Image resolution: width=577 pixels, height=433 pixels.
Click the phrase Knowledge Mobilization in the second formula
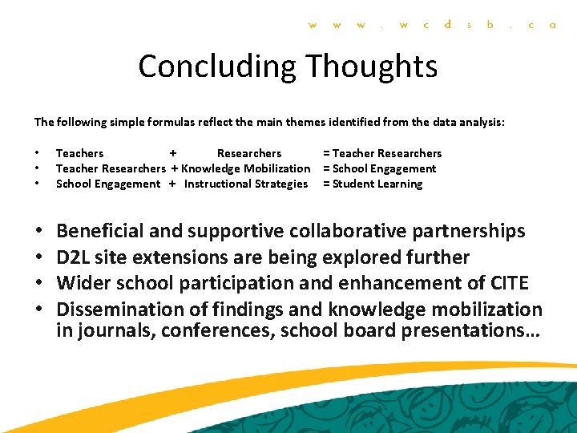click(x=245, y=168)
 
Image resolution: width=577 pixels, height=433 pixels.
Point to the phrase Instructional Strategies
click(x=245, y=184)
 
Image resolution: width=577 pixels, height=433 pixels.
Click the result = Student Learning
click(x=372, y=184)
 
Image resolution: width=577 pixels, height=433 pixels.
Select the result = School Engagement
click(x=379, y=168)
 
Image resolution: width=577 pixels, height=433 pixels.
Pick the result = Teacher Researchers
click(x=381, y=153)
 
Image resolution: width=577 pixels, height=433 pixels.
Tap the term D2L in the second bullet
click(x=72, y=257)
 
